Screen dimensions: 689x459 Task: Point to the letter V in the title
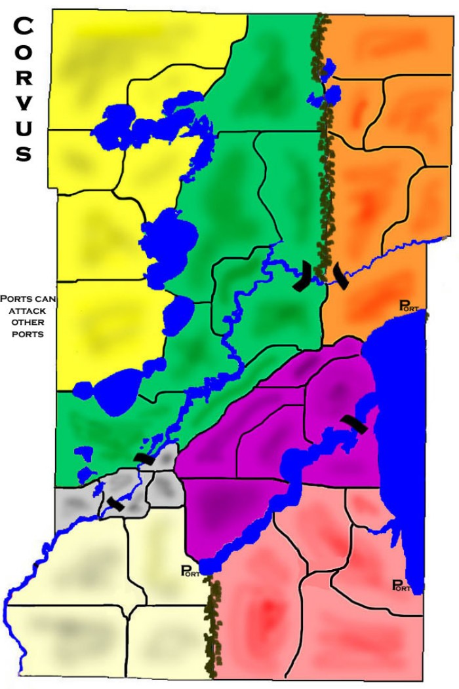pos(24,103)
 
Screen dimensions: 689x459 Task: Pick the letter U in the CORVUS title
pos(24,128)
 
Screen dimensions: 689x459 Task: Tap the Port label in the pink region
pos(401,586)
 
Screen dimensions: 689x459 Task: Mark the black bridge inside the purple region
pos(354,424)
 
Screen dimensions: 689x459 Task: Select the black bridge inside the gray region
pos(115,503)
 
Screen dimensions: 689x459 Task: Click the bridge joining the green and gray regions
pos(144,458)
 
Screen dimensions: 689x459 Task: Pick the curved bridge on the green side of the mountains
pos(302,276)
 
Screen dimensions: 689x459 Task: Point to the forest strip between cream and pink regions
pos(211,622)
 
